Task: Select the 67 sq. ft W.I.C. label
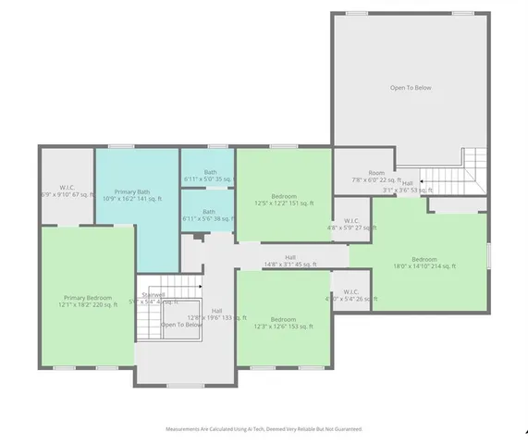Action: (x=67, y=189)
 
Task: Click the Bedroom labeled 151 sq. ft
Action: (x=284, y=197)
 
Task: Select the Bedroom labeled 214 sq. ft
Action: (x=424, y=259)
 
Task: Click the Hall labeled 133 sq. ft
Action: (x=216, y=311)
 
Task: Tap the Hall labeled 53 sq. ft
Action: (x=408, y=183)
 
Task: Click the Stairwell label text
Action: (x=153, y=294)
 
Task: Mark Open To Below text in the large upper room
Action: (x=410, y=88)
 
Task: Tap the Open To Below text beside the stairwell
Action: (x=181, y=325)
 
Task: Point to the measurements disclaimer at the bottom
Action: (x=264, y=429)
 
